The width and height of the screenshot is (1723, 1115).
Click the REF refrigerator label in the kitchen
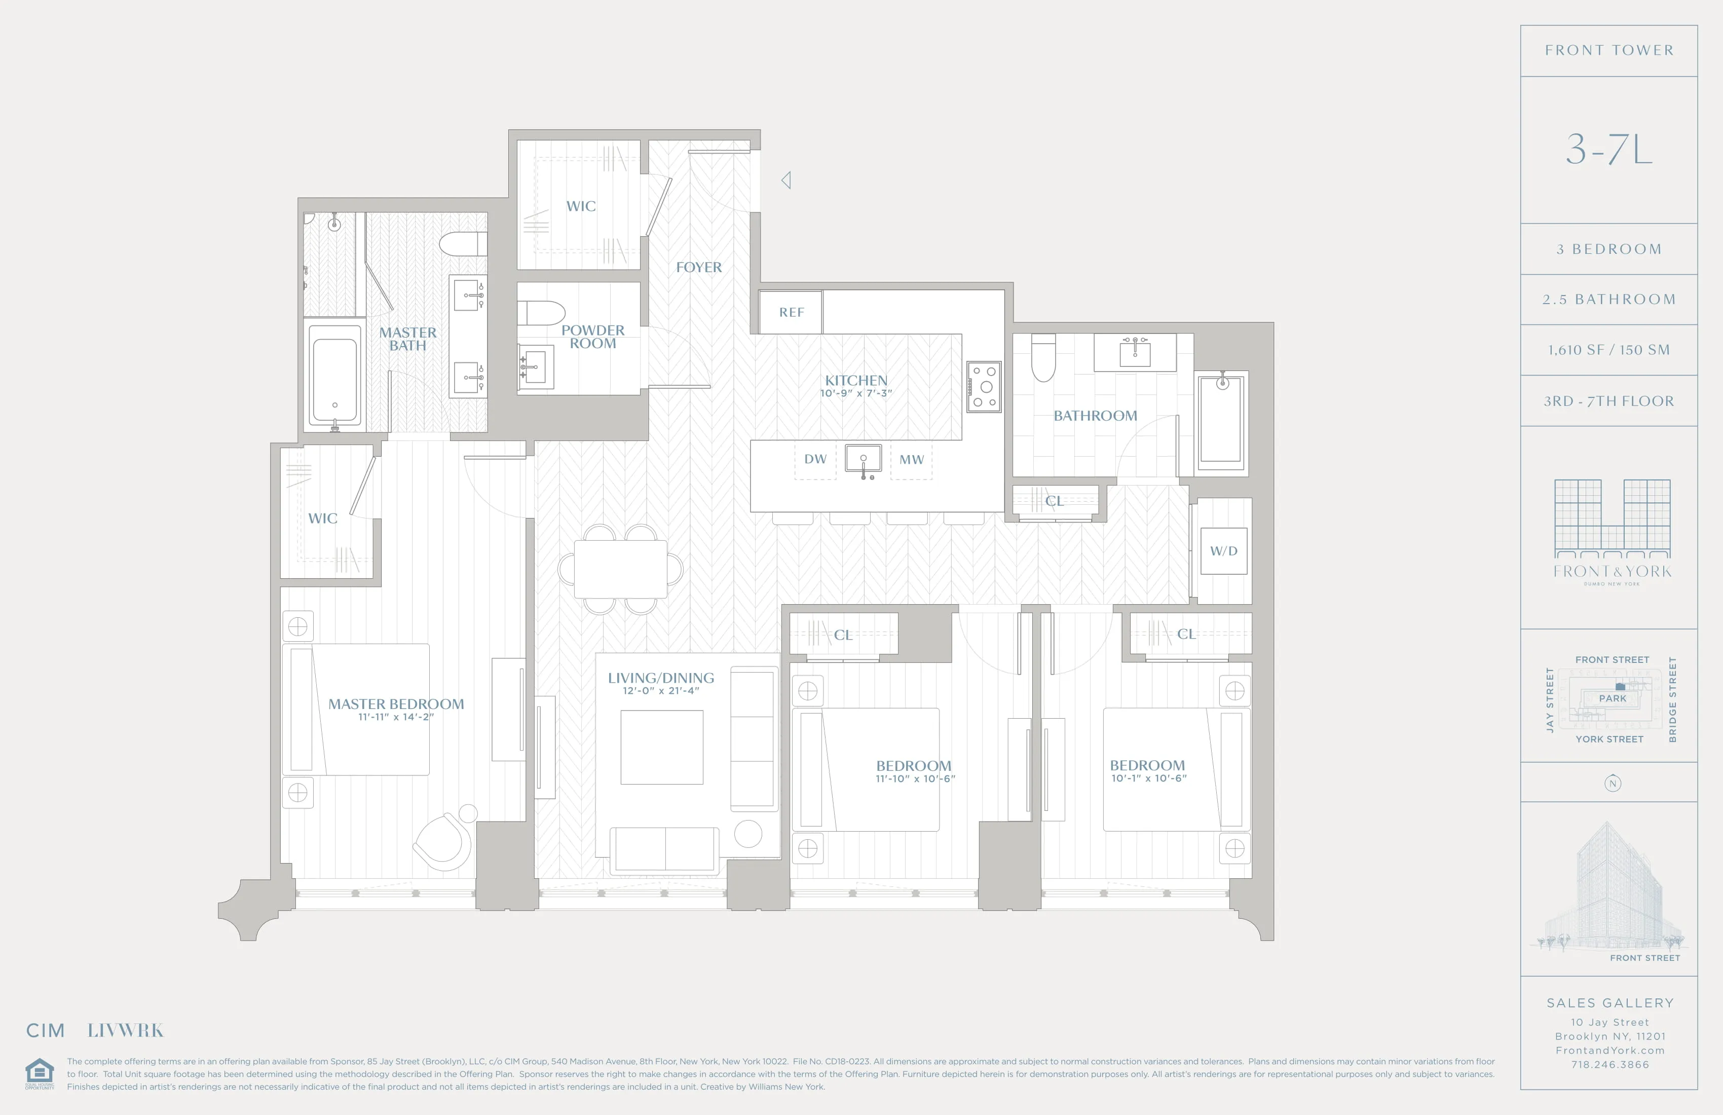pos(791,312)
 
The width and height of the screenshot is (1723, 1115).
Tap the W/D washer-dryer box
pos(1223,551)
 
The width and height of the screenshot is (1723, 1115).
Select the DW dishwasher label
pos(815,459)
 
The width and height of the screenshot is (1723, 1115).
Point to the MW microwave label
pos(912,460)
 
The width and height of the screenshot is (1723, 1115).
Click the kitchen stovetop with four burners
pos(984,387)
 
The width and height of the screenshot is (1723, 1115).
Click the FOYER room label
pos(699,267)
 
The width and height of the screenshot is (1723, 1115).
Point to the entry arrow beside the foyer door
pos(786,180)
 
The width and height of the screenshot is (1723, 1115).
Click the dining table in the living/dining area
pos(620,569)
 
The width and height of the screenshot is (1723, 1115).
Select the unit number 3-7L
pos(1608,149)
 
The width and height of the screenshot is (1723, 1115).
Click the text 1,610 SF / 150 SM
pos(1608,350)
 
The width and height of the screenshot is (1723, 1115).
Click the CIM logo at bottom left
pos(46,1030)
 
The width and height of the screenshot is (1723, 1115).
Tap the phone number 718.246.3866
pos(1609,1064)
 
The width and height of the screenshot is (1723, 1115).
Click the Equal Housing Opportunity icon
pos(39,1072)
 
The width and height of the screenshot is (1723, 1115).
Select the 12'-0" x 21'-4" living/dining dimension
pos(661,691)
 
